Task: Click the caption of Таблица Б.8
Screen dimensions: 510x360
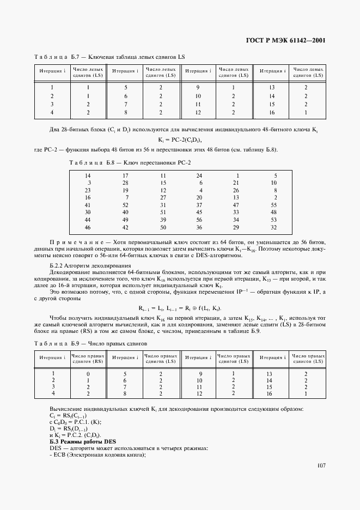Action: (x=130, y=162)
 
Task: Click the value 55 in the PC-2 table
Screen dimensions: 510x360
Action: (x=273, y=204)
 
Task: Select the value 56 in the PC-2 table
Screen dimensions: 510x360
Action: (x=199, y=220)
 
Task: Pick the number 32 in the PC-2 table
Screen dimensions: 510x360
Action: (x=273, y=227)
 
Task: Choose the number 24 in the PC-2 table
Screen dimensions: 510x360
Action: (x=199, y=175)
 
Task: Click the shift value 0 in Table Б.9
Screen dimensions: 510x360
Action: (x=88, y=374)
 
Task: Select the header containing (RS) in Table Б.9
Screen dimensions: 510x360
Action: (x=88, y=358)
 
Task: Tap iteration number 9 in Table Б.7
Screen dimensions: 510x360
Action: (x=198, y=88)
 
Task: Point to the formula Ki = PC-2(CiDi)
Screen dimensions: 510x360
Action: (x=180, y=140)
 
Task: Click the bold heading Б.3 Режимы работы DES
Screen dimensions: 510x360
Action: (x=80, y=441)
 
